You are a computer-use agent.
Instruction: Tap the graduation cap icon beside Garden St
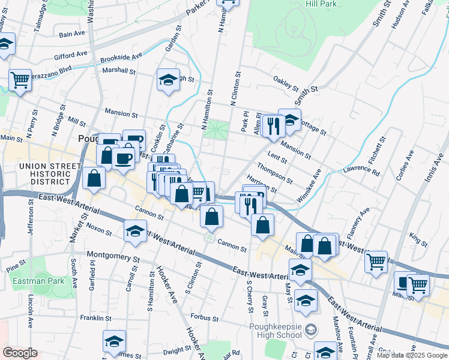click(x=168, y=80)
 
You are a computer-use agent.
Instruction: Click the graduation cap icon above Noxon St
click(x=135, y=230)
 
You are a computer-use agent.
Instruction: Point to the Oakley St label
click(x=286, y=83)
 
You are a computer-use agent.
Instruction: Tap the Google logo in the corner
click(x=20, y=352)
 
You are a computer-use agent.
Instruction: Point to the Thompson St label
click(x=274, y=173)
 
